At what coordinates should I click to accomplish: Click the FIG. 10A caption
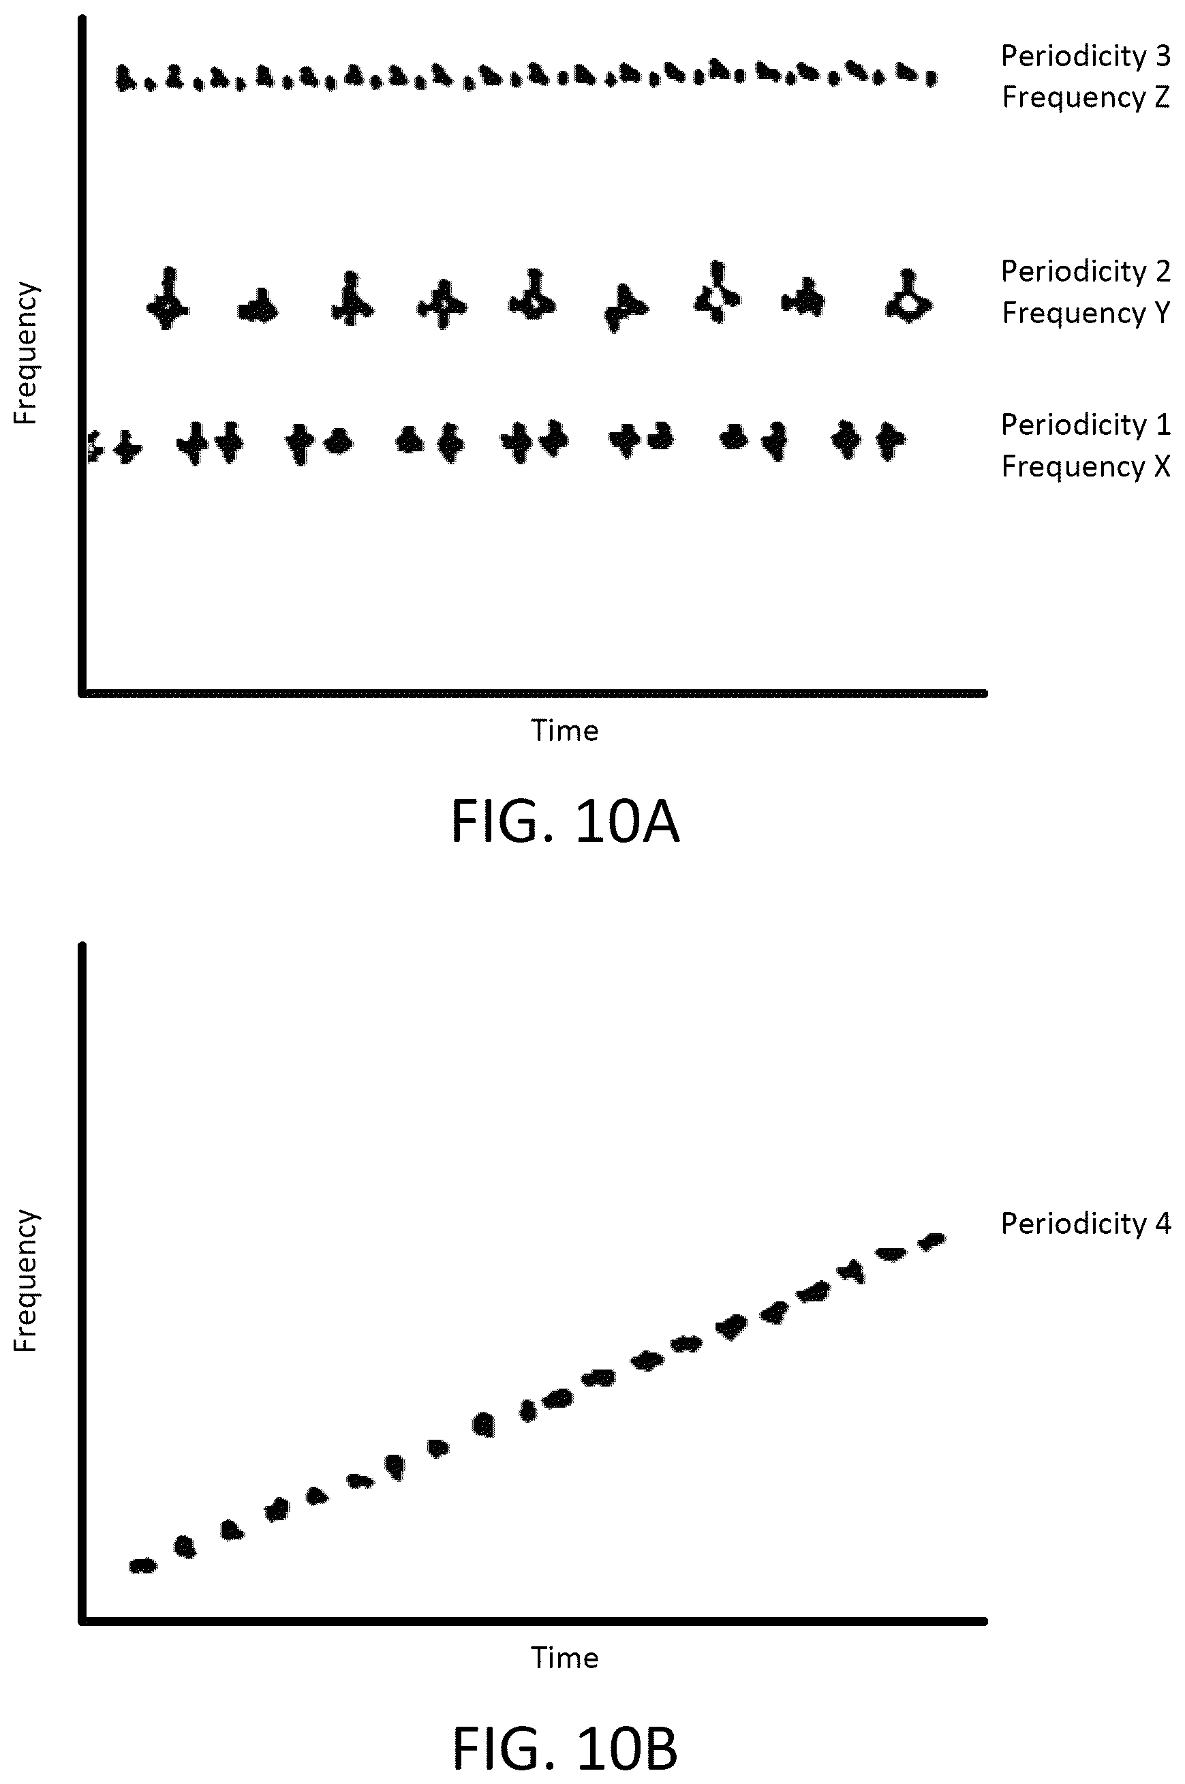pyautogui.click(x=564, y=821)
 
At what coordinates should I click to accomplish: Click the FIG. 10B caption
pyautogui.click(x=564, y=1749)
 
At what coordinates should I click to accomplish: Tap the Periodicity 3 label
pyautogui.click(x=1086, y=56)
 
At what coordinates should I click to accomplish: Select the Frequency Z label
pyautogui.click(x=1086, y=97)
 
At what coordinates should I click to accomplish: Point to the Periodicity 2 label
pyautogui.click(x=1086, y=271)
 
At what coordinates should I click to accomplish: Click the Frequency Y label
pyautogui.click(x=1086, y=313)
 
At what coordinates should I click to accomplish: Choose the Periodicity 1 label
pyautogui.click(x=1086, y=425)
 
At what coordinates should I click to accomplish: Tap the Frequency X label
pyautogui.click(x=1086, y=466)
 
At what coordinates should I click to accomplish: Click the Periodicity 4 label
pyautogui.click(x=1086, y=1223)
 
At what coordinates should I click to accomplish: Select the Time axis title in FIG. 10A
pyautogui.click(x=564, y=730)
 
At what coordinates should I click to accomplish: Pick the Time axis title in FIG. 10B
pyautogui.click(x=564, y=1658)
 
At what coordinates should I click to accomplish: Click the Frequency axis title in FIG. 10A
pyautogui.click(x=25, y=353)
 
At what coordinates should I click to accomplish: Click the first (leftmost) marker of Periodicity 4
pyautogui.click(x=143, y=1566)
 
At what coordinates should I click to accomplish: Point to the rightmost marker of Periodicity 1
pyautogui.click(x=889, y=440)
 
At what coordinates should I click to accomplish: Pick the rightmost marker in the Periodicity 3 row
pyautogui.click(x=931, y=77)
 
